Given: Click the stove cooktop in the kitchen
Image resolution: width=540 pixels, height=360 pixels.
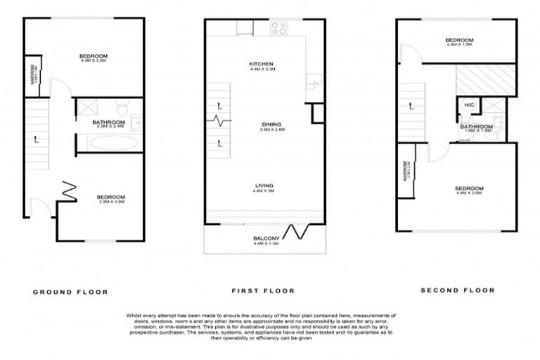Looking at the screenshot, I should pyautogui.click(x=278, y=29).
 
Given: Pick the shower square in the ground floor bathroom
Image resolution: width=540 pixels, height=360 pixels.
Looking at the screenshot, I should pyautogui.click(x=89, y=108).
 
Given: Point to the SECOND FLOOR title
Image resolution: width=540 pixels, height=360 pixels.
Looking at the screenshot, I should pyautogui.click(x=457, y=290).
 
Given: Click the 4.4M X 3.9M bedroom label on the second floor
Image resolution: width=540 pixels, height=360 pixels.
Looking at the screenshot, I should pyautogui.click(x=469, y=191).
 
